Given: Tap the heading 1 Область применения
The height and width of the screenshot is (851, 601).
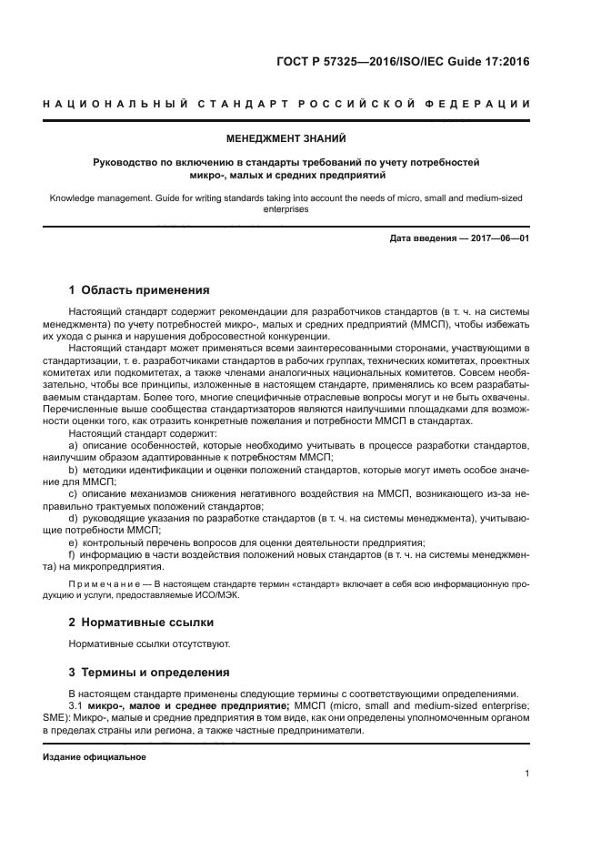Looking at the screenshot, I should tap(139, 290).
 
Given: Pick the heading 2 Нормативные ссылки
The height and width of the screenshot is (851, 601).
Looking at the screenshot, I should tap(141, 623).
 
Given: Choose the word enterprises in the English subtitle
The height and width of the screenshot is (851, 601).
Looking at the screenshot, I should tap(286, 208).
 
